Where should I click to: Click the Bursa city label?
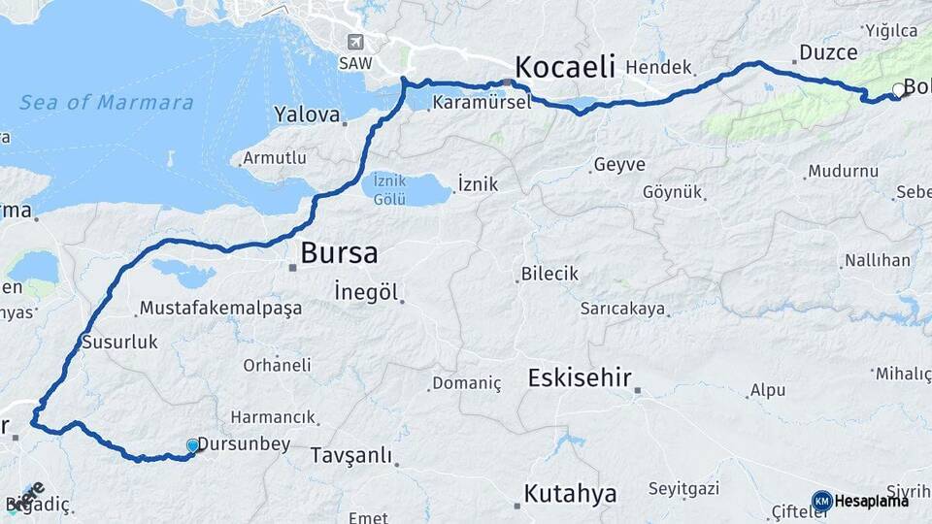pos(339,253)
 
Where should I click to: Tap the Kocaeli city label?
pos(565,67)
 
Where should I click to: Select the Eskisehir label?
pos(580,377)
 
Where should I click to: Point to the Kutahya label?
pos(570,494)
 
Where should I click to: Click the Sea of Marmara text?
pos(107,102)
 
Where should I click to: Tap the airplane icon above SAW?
pos(355,42)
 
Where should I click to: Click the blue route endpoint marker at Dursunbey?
pos(192,445)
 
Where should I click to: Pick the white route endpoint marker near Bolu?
pos(898,90)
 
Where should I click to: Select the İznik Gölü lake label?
pos(389,187)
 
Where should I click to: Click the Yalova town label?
pos(307,115)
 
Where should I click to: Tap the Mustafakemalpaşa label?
pos(220,308)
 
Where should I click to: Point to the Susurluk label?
pos(119,342)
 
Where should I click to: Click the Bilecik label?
pos(549,274)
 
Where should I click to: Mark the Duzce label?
pos(828,52)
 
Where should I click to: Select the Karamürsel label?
pos(482,102)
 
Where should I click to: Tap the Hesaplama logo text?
pos(871,501)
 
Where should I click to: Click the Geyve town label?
pos(619,165)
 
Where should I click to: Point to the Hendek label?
pos(658,68)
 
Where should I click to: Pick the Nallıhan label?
pos(878,260)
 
